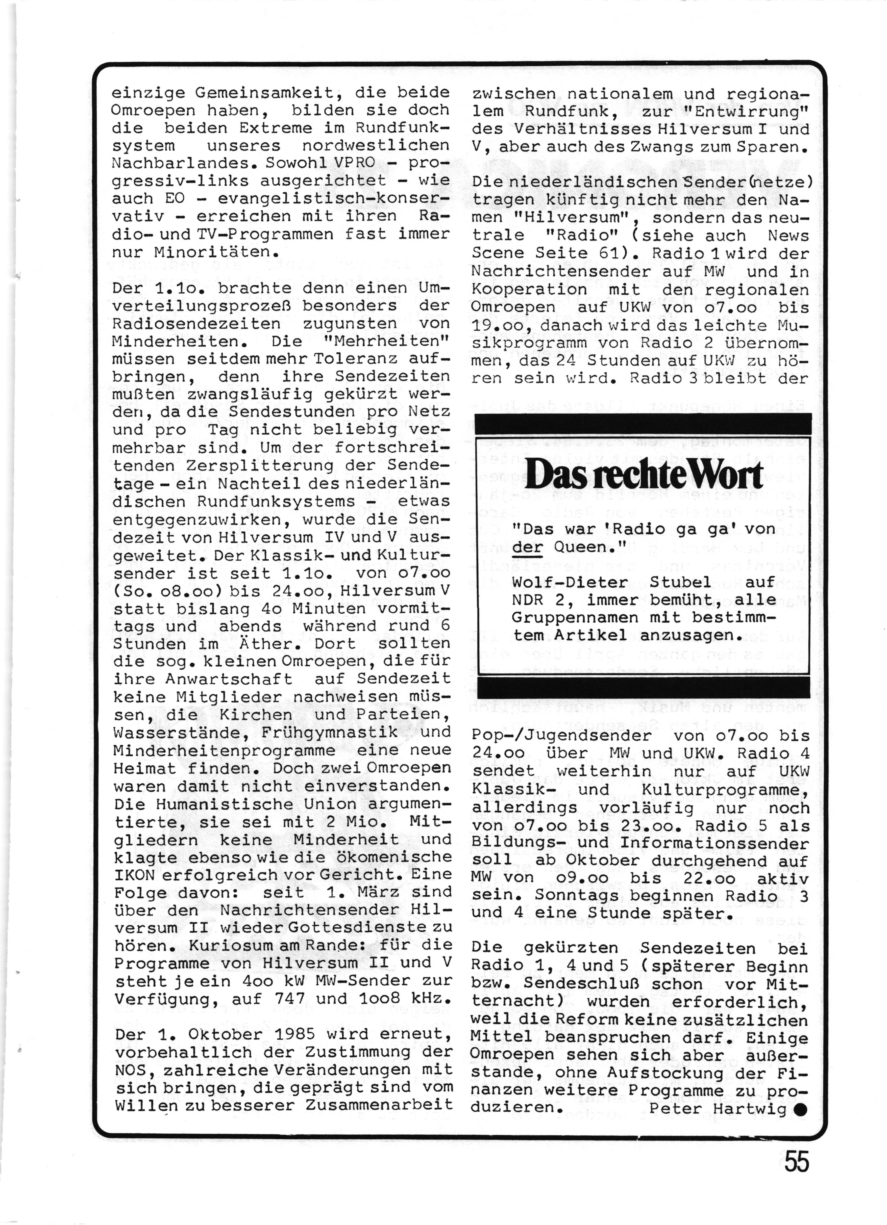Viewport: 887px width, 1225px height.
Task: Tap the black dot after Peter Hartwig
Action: (801, 1110)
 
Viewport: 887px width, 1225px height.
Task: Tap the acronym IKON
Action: (135, 874)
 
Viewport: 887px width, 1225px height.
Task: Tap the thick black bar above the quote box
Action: (642, 424)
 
